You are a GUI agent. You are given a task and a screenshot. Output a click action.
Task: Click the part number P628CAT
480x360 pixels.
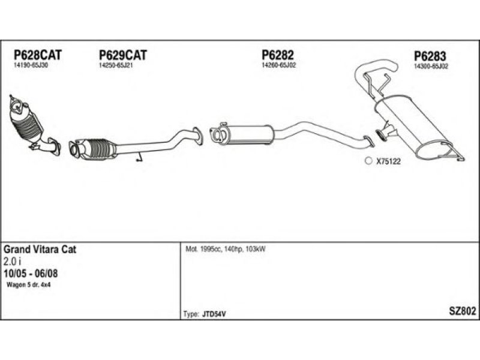point(38,55)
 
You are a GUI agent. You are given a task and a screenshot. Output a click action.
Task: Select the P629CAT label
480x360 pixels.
point(123,55)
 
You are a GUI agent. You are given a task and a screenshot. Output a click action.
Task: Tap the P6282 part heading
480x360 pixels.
point(278,55)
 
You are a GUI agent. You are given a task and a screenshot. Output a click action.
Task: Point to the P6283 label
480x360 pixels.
point(430,56)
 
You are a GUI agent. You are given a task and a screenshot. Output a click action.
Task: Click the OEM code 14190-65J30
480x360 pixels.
point(31,65)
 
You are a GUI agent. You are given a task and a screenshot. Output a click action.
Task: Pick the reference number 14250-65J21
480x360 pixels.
point(116,65)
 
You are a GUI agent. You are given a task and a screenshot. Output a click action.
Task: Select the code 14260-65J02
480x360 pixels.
point(279,65)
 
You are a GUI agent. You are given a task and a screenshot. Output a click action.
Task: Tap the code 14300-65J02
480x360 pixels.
point(431,66)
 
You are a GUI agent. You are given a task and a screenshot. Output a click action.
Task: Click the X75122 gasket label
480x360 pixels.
point(388,161)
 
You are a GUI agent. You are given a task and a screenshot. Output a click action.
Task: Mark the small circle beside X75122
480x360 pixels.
point(368,161)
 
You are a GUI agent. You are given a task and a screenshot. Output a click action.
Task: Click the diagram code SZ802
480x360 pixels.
point(462,311)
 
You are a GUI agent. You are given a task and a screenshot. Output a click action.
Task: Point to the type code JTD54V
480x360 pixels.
point(214,314)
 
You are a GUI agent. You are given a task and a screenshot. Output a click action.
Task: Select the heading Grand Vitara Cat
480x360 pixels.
point(40,250)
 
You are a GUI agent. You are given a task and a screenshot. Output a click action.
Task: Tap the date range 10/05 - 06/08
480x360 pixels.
point(31,274)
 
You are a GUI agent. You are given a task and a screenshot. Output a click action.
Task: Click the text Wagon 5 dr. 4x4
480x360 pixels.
point(28,285)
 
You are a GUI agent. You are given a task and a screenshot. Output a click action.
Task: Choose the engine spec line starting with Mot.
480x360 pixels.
point(226,249)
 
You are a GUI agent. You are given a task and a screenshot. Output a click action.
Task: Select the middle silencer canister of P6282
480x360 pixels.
point(250,134)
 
